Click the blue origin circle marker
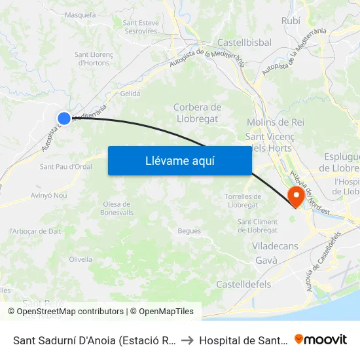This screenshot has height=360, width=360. coord(64,118)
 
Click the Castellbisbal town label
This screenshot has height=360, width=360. coord(244,42)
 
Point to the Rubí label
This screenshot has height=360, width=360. coord(291,21)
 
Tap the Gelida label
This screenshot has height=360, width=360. coord(130,94)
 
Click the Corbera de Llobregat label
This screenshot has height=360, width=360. coord(197,113)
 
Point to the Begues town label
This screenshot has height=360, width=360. coord(189,230)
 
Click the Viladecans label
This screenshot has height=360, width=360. coord(275,246)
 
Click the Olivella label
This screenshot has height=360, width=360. coord(81,259)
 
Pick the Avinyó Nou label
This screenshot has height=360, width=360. coord(49,195)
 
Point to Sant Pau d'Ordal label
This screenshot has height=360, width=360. coord(66,166)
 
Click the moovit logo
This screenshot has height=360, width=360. coord(321,339)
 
